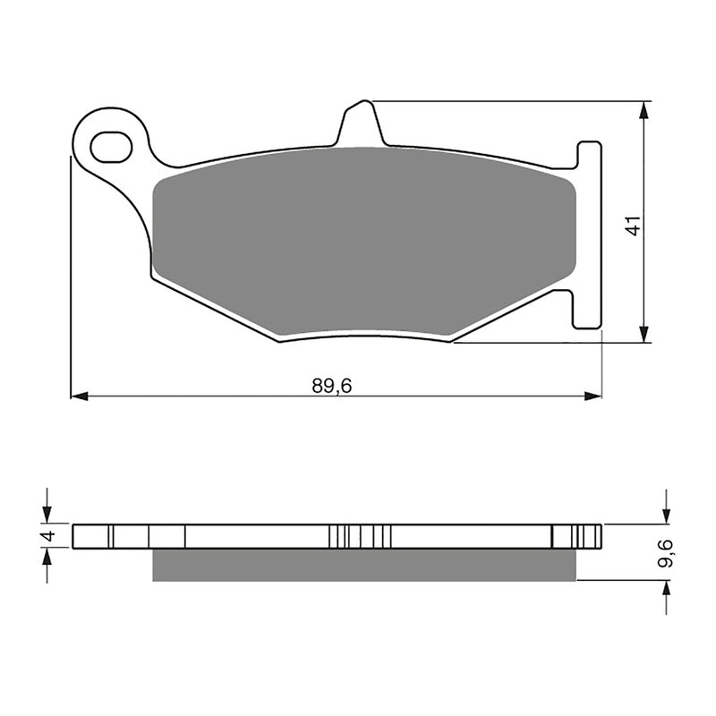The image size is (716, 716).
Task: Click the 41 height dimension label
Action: (x=634, y=225)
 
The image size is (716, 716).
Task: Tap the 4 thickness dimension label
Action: (x=50, y=536)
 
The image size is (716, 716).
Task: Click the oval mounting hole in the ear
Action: (x=111, y=145)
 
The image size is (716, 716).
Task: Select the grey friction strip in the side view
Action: (x=362, y=565)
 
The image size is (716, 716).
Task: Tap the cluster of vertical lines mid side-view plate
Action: (x=360, y=536)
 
